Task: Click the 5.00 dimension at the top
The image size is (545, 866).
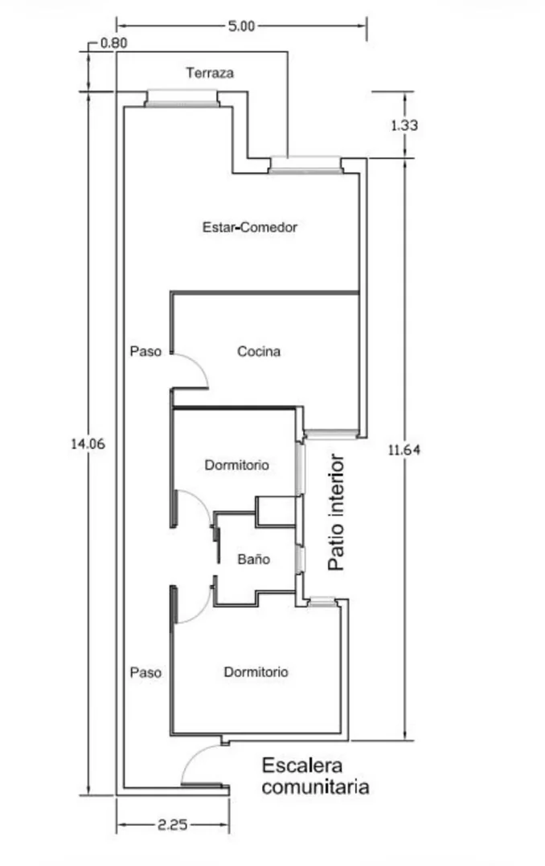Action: [241, 26]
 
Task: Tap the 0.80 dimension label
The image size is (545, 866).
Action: [114, 43]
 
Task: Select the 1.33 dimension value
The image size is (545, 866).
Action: [404, 125]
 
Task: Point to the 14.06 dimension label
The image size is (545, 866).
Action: [88, 443]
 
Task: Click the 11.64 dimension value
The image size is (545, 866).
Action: [404, 450]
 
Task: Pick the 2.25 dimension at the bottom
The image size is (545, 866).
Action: [173, 825]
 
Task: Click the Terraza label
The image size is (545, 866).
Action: [210, 73]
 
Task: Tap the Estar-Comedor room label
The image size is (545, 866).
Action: [250, 227]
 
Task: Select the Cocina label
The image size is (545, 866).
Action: [259, 351]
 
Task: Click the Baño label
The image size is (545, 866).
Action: [254, 559]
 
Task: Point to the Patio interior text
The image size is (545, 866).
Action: [336, 513]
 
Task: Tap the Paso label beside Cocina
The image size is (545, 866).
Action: [146, 351]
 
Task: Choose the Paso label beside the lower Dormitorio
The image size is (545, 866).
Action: [146, 672]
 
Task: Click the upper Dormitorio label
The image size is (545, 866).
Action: [236, 465]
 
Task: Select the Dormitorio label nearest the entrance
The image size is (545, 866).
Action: [256, 672]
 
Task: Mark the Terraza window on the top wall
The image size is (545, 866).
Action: [182, 98]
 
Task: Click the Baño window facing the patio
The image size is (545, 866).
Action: [300, 559]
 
